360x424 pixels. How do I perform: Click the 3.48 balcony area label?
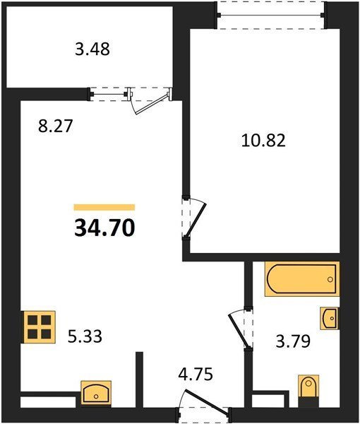(x=92, y=49)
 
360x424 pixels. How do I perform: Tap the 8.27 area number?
(x=56, y=126)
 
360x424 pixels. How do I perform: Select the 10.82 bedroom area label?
(x=263, y=141)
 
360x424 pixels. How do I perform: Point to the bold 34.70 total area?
(x=104, y=228)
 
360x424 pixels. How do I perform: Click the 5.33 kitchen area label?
(x=85, y=336)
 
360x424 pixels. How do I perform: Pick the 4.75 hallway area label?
(x=196, y=375)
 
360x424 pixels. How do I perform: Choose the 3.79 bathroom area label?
(x=293, y=341)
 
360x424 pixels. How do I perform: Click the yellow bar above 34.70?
(x=104, y=207)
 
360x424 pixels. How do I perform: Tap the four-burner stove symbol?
(x=40, y=327)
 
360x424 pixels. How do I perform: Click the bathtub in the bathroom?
(x=301, y=279)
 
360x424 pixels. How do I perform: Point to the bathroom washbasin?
(x=329, y=318)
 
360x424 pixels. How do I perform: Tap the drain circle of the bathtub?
(x=330, y=279)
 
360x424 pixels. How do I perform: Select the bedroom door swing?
(x=195, y=218)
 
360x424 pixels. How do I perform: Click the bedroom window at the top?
(x=272, y=15)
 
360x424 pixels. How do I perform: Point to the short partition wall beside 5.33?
(x=139, y=379)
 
